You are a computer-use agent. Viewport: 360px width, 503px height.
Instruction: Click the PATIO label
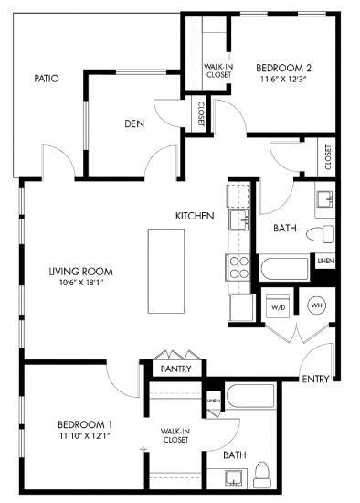click(47, 79)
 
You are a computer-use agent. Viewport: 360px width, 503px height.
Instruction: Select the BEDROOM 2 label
click(283, 68)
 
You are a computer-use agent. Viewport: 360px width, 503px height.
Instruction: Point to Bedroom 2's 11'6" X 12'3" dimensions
click(283, 80)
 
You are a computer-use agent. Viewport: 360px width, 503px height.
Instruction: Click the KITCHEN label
click(195, 216)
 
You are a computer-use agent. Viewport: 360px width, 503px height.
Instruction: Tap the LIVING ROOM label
click(80, 271)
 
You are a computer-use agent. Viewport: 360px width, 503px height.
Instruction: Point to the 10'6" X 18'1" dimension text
click(80, 283)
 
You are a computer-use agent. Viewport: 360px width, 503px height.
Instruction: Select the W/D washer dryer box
click(278, 306)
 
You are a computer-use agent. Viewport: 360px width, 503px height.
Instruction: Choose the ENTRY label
click(314, 379)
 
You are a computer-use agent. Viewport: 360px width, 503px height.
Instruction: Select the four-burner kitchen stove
click(239, 266)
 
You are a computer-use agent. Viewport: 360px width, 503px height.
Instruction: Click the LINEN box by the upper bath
click(324, 262)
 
